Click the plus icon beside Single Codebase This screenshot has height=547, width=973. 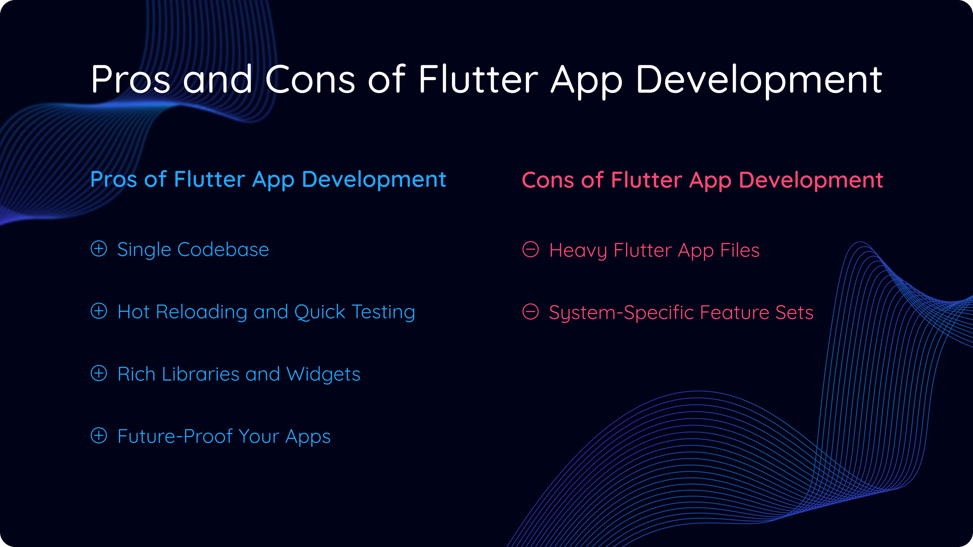click(x=99, y=249)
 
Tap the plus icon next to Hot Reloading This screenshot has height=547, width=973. click(x=99, y=311)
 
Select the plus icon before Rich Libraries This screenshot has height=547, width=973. click(x=99, y=373)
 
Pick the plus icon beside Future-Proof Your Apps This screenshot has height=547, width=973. click(x=99, y=436)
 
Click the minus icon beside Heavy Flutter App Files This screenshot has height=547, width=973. click(x=531, y=250)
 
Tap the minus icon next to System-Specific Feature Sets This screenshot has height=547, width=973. click(x=531, y=312)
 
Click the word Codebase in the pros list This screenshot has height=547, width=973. click(x=223, y=250)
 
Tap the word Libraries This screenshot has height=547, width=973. click(x=201, y=374)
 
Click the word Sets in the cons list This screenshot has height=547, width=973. click(x=794, y=313)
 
